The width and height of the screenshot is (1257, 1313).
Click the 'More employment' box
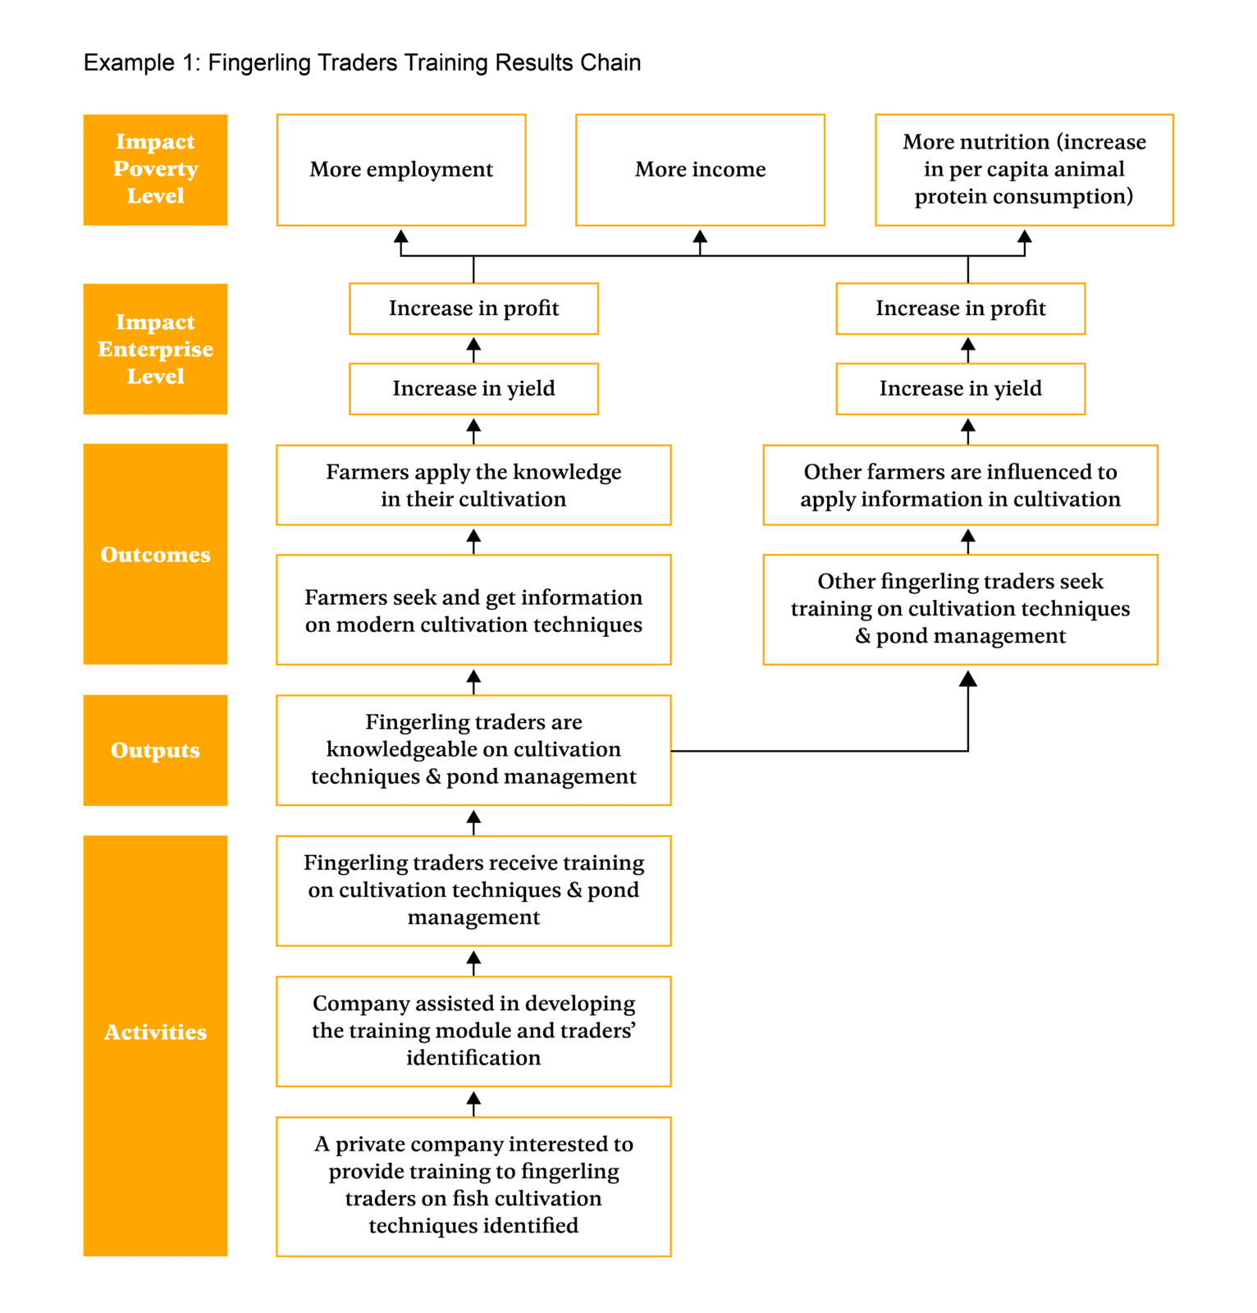(x=401, y=170)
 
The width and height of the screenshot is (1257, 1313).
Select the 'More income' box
(x=700, y=170)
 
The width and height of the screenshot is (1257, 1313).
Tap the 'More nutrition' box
(x=1024, y=170)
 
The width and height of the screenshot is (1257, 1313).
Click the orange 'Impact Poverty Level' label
(x=155, y=170)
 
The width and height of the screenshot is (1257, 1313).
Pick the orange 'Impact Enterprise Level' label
(x=155, y=349)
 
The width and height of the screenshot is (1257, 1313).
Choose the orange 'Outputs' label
(x=155, y=750)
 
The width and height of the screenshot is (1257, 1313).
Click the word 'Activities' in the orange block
(x=155, y=1032)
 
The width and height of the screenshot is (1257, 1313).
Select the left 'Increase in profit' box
(x=473, y=309)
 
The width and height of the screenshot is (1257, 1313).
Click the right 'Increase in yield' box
(x=960, y=389)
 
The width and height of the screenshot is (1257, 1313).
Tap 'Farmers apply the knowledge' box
(x=473, y=485)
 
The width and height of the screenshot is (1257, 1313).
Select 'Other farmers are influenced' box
(x=960, y=485)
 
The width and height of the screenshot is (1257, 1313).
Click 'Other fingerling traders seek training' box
(x=960, y=609)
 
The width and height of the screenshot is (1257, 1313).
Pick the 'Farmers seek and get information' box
(x=473, y=610)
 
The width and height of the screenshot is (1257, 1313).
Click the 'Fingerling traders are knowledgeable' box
(x=473, y=750)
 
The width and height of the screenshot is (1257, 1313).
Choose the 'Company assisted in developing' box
(x=473, y=1031)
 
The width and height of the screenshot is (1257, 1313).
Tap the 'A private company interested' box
(x=473, y=1186)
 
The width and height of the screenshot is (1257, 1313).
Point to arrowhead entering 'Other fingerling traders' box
(x=968, y=679)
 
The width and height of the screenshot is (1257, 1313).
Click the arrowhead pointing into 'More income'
(x=700, y=237)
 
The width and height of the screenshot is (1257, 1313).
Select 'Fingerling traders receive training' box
(x=473, y=890)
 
